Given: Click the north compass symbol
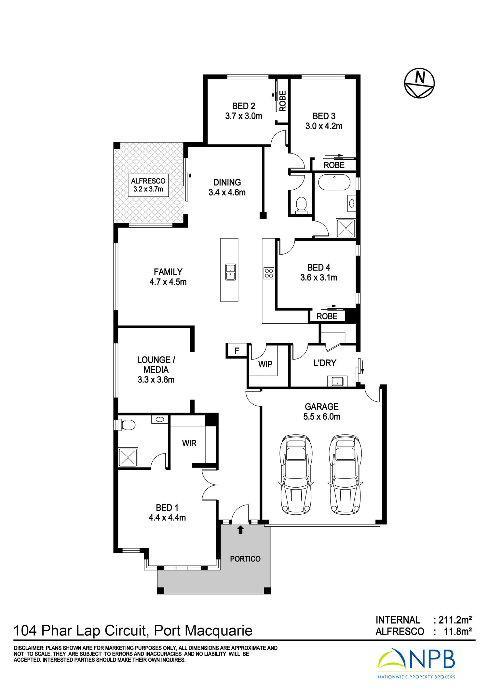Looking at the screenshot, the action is (x=419, y=83).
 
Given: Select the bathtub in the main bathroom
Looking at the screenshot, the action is (x=334, y=183).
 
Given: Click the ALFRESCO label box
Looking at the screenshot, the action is (x=148, y=185).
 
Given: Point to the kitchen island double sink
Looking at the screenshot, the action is (x=231, y=272).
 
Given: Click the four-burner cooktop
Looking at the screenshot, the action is (x=269, y=273).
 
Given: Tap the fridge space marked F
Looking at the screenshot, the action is (x=237, y=351).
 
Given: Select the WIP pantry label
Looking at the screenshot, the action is (x=265, y=364).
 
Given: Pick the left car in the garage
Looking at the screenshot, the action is (x=296, y=475).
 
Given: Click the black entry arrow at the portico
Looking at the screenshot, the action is (x=240, y=530).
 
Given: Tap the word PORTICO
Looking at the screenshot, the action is (x=245, y=559).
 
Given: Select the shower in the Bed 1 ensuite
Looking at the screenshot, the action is (x=128, y=457).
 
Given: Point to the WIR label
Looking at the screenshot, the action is (x=189, y=443).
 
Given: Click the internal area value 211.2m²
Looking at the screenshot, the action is (x=455, y=620).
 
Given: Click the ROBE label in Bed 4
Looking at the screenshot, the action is (x=327, y=316).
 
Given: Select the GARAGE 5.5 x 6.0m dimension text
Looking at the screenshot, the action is (x=322, y=412).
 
